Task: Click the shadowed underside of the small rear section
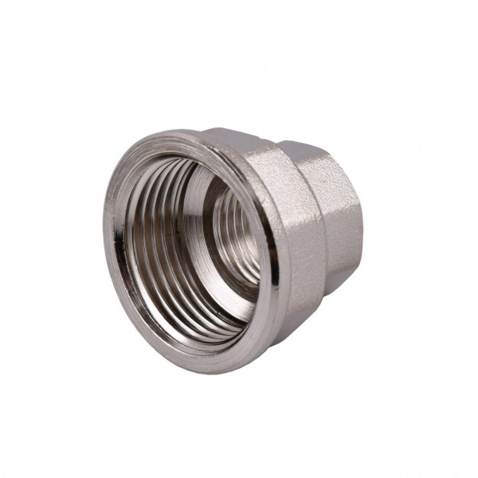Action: tap(339, 275)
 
